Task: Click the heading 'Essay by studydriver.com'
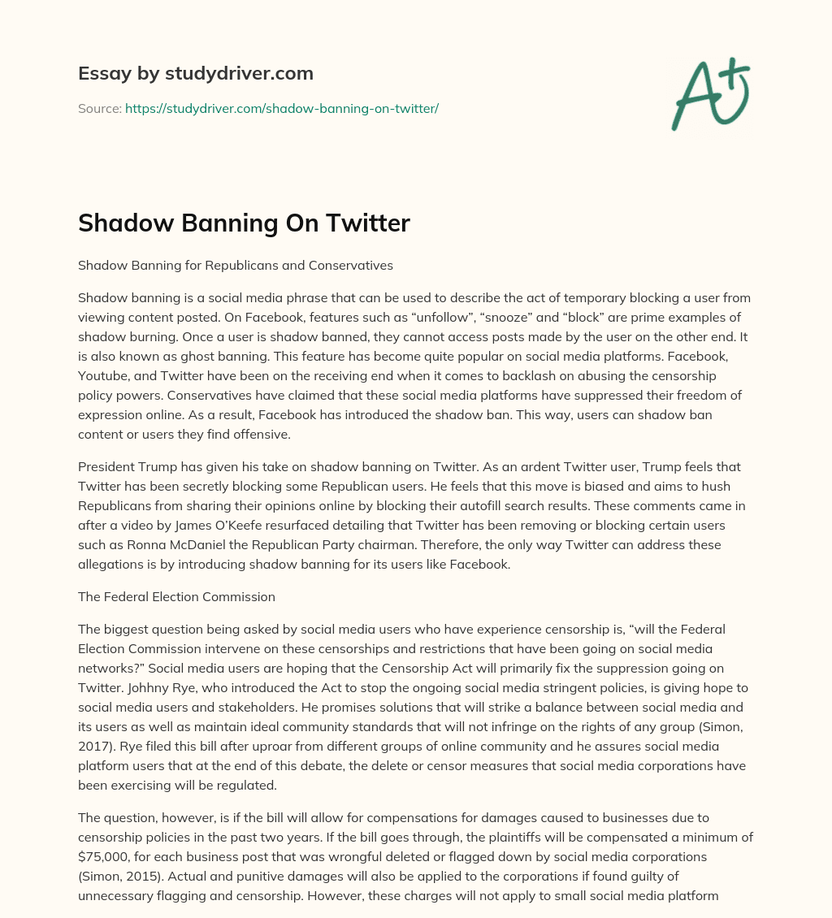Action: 195,73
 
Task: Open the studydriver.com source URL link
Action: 282,108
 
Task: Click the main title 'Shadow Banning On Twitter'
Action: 244,223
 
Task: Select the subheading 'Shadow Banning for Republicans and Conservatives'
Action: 236,265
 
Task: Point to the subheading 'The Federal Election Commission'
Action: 176,596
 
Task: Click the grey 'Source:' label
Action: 99,108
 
